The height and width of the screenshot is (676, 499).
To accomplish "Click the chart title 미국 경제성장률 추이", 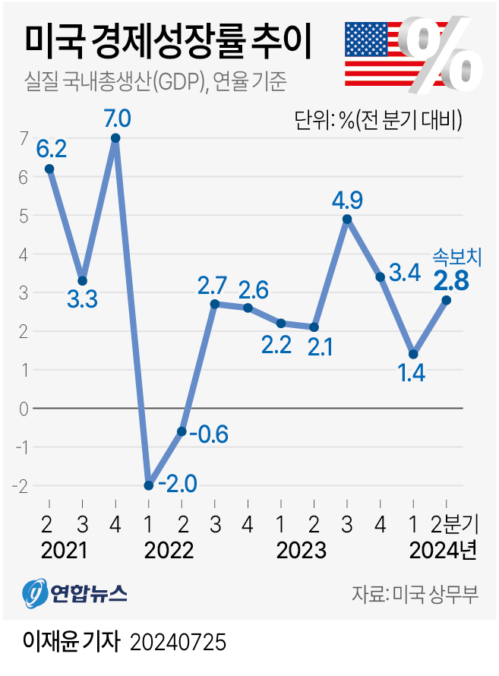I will tap(169, 43).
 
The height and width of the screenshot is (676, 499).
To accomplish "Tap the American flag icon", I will tap(375, 54).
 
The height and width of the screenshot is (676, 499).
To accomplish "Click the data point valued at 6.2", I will tap(49, 169).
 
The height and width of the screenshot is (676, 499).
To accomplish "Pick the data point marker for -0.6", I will tap(182, 431).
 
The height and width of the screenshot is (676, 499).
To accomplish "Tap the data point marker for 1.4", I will tap(413, 354).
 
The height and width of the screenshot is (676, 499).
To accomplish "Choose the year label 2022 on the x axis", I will tap(164, 549).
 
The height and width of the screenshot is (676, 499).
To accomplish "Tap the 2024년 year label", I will tap(443, 549).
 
